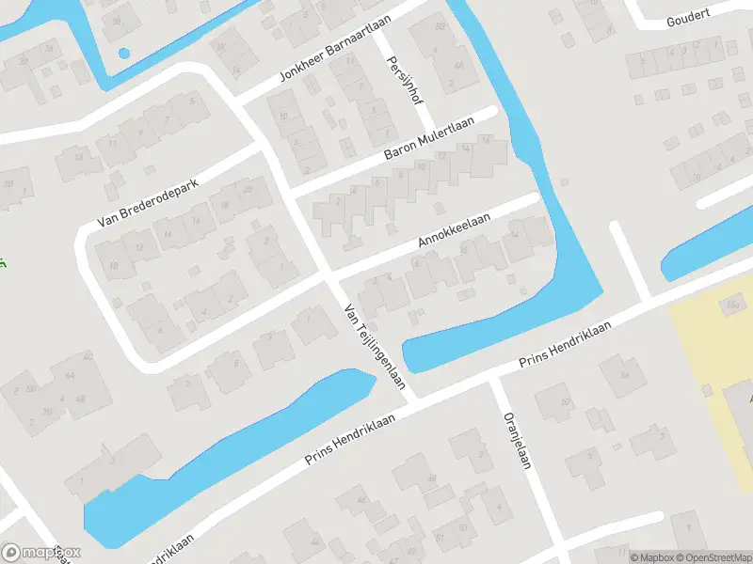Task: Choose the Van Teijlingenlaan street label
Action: tap(374, 345)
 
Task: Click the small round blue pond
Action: tap(123, 53)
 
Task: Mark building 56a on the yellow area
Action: tap(733, 303)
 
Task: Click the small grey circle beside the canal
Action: tap(565, 181)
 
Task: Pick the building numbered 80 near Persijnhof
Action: tap(440, 26)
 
